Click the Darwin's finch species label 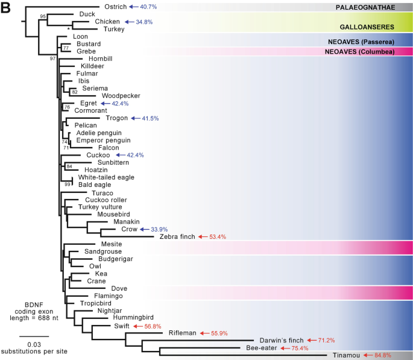[279, 340]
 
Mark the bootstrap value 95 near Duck [43, 16]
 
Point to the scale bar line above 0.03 [30, 335]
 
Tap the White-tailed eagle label [106, 177]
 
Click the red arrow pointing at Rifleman [206, 333]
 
